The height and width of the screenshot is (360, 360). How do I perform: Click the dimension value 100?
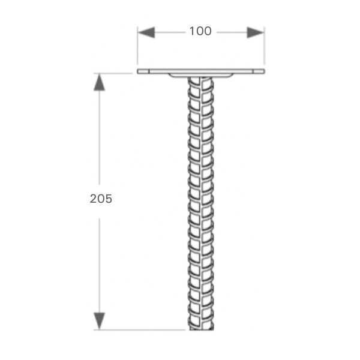click(200, 31)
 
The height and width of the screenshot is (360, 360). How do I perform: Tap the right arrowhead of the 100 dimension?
click(254, 31)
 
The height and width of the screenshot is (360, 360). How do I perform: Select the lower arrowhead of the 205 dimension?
click(100, 321)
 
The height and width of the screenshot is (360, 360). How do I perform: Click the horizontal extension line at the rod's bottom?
click(144, 329)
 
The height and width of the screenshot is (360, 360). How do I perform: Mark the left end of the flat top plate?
click(139, 73)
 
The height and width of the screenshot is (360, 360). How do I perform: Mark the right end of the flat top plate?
click(262, 73)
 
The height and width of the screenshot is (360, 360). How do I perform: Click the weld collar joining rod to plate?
click(200, 76)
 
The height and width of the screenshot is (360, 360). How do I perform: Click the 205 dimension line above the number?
click(100, 138)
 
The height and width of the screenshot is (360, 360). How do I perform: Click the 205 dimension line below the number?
click(100, 264)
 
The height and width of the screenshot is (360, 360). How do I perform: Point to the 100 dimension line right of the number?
click(231, 31)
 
